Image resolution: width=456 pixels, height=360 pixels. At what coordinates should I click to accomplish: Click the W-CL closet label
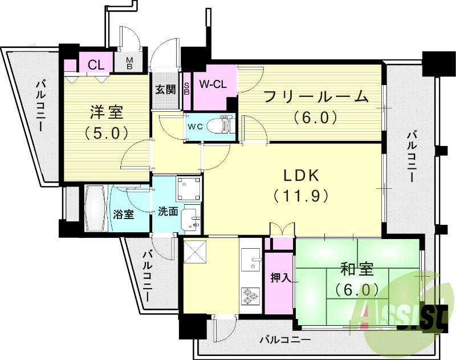[213, 84]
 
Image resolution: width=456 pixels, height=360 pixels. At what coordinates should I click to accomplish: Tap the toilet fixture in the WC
[219, 124]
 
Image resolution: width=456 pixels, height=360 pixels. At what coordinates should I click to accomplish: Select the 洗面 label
[168, 211]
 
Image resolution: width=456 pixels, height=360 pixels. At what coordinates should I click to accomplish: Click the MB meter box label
[129, 63]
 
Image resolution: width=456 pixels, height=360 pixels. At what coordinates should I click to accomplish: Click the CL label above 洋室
[96, 64]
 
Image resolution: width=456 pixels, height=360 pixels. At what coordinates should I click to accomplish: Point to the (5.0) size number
[106, 132]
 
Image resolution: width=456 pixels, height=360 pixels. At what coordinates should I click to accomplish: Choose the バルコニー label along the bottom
[284, 340]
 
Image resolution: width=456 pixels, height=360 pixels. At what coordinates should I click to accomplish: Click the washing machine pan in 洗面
[188, 186]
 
